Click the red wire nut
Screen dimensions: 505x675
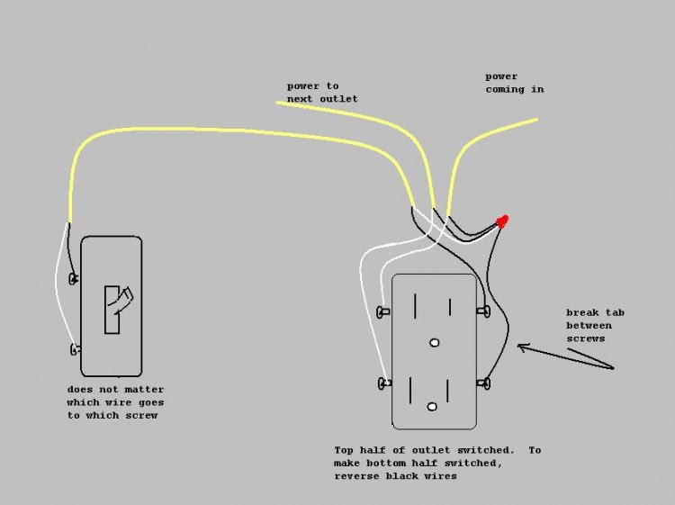[502, 221]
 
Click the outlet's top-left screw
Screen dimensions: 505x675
[384, 311]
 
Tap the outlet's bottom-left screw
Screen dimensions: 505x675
[384, 383]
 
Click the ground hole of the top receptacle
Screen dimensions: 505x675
[435, 343]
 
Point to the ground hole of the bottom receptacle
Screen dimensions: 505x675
[434, 407]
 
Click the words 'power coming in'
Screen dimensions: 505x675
[514, 83]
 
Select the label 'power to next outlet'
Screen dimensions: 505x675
[321, 92]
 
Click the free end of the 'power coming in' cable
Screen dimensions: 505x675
[536, 119]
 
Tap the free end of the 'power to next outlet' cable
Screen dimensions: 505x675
[278, 104]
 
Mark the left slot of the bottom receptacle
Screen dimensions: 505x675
[410, 389]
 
